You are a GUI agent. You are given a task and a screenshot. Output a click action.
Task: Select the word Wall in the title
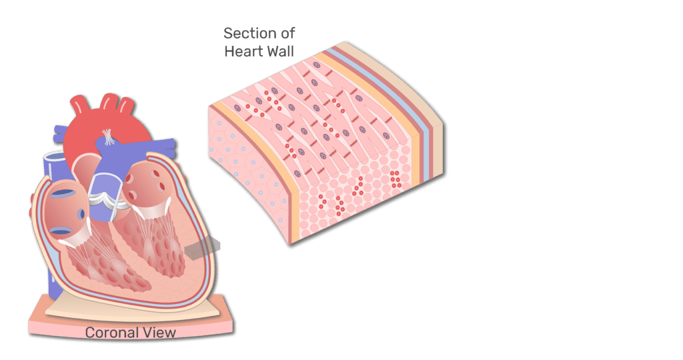283,51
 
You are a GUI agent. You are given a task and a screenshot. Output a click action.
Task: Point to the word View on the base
160,333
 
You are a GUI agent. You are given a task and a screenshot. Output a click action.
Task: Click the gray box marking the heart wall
203,249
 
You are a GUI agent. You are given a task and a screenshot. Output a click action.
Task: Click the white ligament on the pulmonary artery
108,137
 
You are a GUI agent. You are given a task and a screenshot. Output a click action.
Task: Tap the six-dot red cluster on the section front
395,179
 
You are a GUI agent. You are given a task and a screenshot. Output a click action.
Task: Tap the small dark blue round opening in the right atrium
81,214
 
